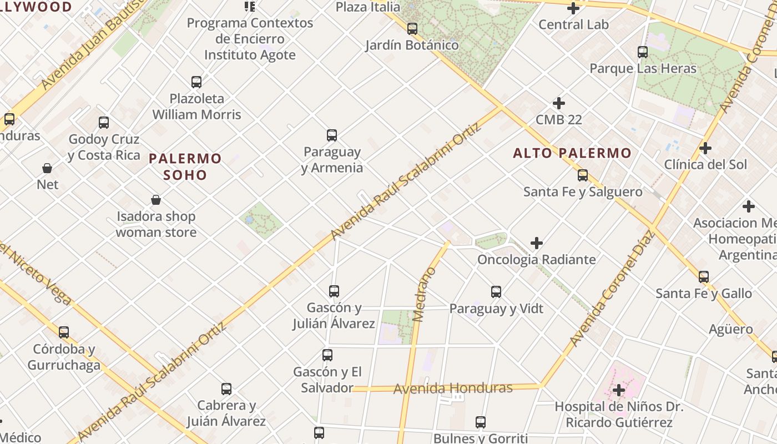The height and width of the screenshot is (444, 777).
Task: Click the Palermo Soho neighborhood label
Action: tap(185, 167)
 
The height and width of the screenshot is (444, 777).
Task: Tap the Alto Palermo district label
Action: tap(572, 153)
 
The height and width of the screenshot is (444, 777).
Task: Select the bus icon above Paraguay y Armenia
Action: tap(332, 135)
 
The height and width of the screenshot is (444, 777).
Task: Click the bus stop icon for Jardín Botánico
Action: tap(412, 29)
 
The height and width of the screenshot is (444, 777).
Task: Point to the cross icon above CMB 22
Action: tap(559, 103)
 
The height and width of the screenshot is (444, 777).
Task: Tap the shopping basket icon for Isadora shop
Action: tap(156, 200)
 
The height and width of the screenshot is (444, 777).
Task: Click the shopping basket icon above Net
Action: tap(47, 168)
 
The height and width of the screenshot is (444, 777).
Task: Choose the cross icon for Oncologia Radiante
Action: tap(536, 243)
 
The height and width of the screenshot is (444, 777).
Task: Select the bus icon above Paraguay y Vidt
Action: tap(496, 292)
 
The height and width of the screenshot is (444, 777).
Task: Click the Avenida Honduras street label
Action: tap(453, 388)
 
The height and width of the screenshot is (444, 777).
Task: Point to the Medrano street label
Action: tap(425, 294)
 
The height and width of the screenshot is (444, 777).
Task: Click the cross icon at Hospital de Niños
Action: tap(619, 391)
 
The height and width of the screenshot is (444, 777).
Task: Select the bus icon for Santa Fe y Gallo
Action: tap(704, 276)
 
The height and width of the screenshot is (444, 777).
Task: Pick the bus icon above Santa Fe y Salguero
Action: tap(583, 175)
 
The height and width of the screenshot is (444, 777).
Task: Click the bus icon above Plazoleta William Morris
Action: tap(196, 82)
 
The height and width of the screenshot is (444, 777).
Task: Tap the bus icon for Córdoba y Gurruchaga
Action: tap(64, 332)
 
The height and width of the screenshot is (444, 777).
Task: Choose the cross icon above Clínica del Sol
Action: tap(705, 148)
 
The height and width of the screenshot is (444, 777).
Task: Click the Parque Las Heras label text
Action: tap(643, 69)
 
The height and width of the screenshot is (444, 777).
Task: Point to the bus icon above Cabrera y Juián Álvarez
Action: tap(226, 389)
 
